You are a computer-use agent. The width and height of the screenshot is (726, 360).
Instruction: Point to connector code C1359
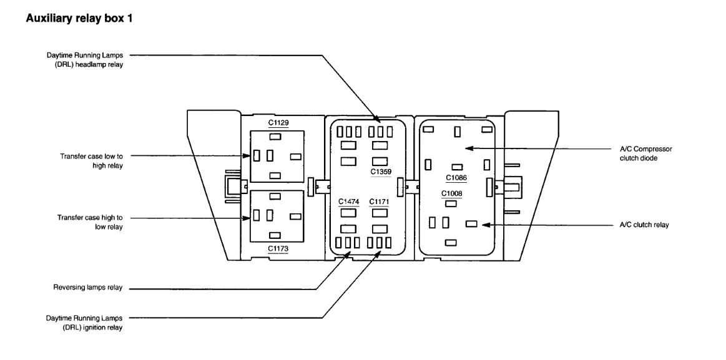pyautogui.click(x=381, y=170)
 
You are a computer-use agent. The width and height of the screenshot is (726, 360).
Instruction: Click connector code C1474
pyautogui.click(x=349, y=201)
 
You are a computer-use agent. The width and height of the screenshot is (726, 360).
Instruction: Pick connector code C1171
pyautogui.click(x=380, y=201)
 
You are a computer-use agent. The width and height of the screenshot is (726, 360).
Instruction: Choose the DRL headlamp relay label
pyautogui.click(x=85, y=61)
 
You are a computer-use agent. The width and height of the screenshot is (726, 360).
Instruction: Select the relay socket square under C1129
pyautogui.click(x=277, y=156)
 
